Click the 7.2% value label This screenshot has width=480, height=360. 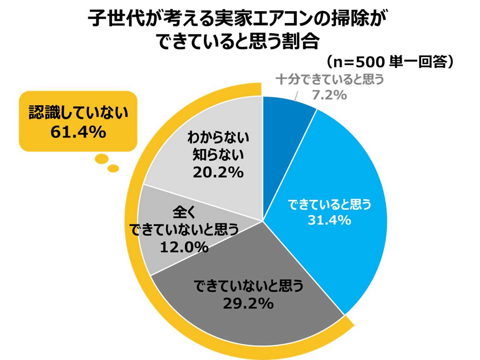click(329, 95)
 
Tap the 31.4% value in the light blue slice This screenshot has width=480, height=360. click(329, 220)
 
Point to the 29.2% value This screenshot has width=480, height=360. click(248, 303)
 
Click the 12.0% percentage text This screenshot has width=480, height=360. click(184, 247)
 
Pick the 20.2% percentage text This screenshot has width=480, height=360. click(218, 172)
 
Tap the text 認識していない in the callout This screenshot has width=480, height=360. click(78, 113)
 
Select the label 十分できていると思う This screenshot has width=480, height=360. click(330, 79)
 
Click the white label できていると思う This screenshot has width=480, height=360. click(330, 204)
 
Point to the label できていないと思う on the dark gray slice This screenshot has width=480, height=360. click(249, 286)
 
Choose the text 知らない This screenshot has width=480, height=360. click(218, 155)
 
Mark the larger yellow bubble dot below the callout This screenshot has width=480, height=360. click(102, 158)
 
